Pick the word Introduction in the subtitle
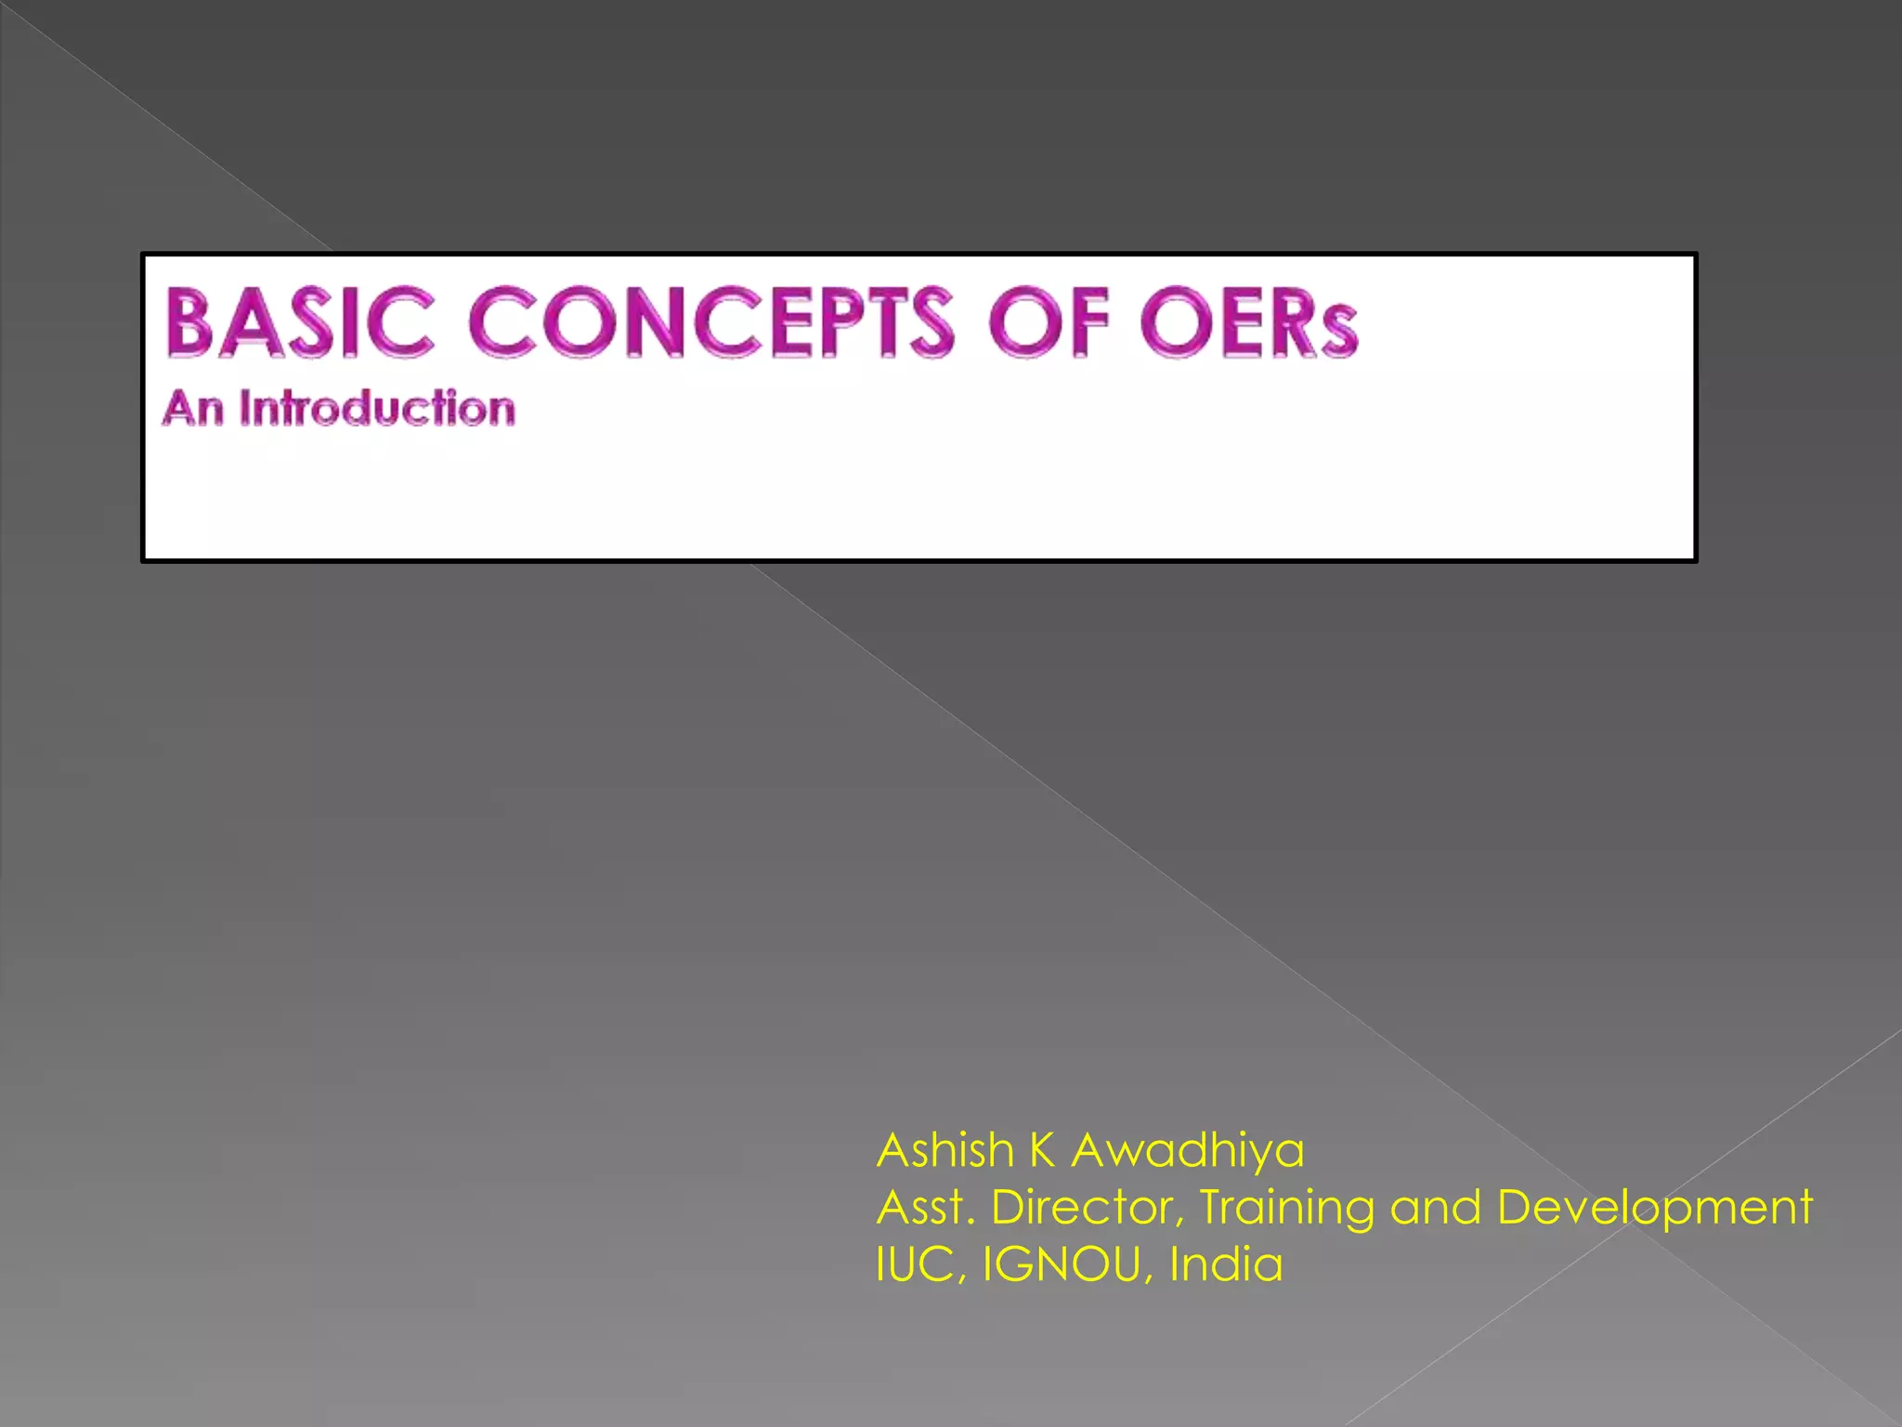pyautogui.click(x=377, y=409)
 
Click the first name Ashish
pyautogui.click(x=944, y=1150)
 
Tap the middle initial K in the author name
pyautogui.click(x=1042, y=1150)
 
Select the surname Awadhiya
pyautogui.click(x=1188, y=1152)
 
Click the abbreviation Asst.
pyautogui.click(x=925, y=1208)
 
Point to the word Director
pyautogui.click(x=1088, y=1208)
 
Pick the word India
pyautogui.click(x=1226, y=1263)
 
